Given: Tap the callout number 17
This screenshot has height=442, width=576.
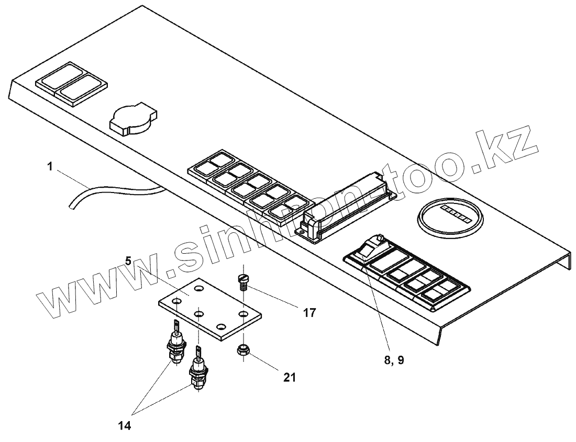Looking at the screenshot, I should [309, 313].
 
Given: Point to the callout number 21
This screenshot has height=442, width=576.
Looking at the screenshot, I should [290, 377].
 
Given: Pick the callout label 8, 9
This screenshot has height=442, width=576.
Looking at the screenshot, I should [394, 360].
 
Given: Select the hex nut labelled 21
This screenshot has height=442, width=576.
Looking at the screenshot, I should [243, 350].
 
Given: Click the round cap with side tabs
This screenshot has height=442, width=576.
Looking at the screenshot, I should [132, 120].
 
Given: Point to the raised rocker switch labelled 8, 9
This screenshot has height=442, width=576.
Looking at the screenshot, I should [371, 248].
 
